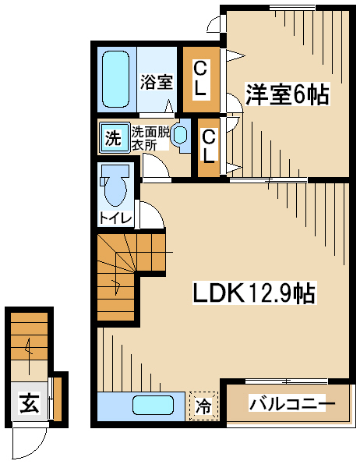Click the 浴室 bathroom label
point(157,83)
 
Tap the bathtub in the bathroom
point(116,79)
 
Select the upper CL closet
point(201,80)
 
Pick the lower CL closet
point(209,147)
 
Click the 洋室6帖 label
point(288,94)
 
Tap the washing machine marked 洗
point(114,138)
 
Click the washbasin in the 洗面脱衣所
point(181,135)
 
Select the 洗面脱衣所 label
point(150,138)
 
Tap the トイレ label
point(115,218)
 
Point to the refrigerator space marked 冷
point(203,406)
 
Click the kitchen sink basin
point(153,405)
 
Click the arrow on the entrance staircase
point(29,356)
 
